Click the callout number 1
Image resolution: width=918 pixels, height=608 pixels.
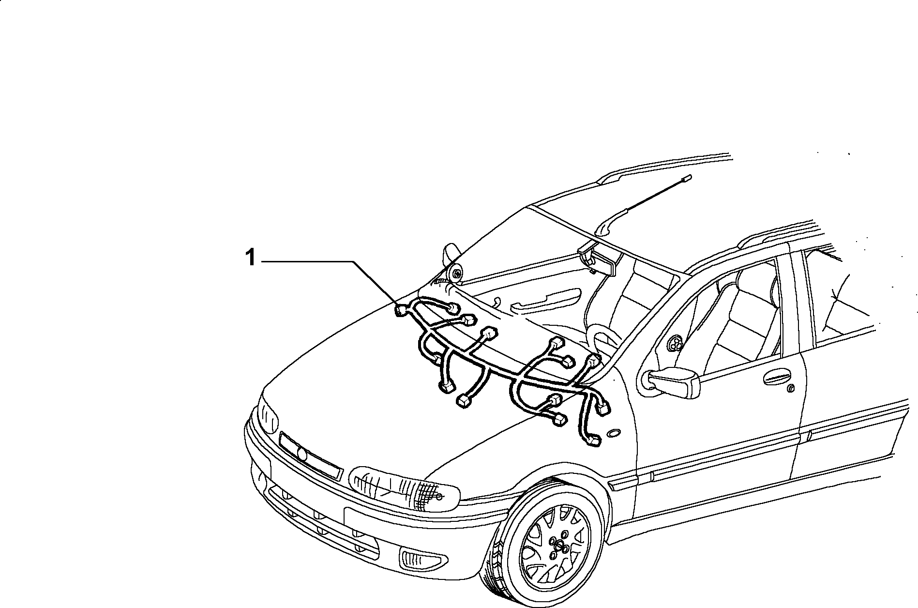click(250, 258)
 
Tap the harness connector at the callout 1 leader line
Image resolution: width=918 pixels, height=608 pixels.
click(401, 310)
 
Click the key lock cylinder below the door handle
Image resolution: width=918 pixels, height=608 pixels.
click(790, 388)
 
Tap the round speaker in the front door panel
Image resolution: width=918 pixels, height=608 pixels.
click(673, 345)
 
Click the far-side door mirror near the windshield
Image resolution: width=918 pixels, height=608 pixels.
click(450, 255)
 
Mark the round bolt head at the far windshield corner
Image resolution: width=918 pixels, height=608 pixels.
click(456, 274)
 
